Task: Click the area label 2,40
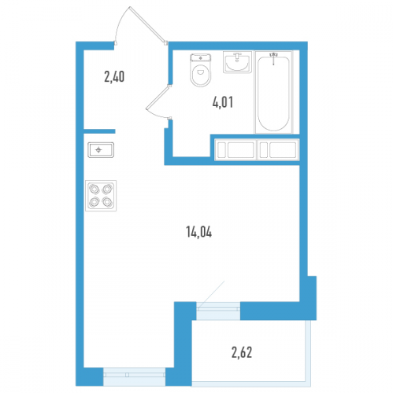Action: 114,77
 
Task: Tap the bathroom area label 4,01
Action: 223,102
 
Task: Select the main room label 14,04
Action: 199,232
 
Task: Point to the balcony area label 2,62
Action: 242,352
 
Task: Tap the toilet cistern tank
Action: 201,58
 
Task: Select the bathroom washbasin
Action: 237,62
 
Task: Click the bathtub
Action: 273,93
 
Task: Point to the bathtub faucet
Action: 273,58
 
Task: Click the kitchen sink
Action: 101,150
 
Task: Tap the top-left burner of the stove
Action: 95,189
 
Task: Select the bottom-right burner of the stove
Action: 107,202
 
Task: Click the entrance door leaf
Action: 147,24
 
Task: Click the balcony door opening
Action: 218,310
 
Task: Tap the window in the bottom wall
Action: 134,376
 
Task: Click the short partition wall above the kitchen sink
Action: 99,131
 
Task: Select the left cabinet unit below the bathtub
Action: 235,150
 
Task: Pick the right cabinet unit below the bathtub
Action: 278,150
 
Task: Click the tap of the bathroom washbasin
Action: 237,57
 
